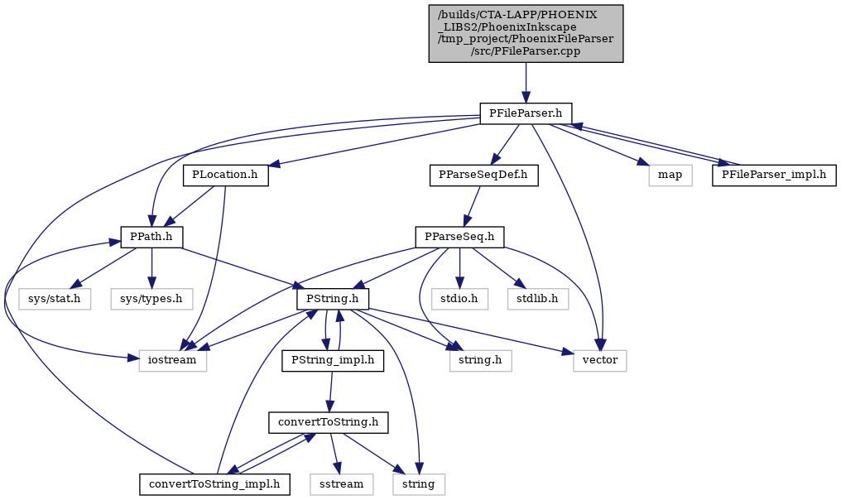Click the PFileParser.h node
[526, 113]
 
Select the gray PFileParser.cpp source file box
[526, 33]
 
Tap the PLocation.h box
[225, 175]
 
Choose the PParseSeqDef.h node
[483, 175]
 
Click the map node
[670, 175]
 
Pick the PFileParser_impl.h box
[774, 175]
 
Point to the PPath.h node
[151, 237]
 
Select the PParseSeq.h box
[459, 237]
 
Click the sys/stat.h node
[53, 299]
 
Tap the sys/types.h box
[151, 299]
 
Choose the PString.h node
[333, 299]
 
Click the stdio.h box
[459, 299]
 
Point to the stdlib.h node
[538, 299]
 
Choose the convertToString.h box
[329, 423]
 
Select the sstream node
[341, 484]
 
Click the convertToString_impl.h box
[214, 484]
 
